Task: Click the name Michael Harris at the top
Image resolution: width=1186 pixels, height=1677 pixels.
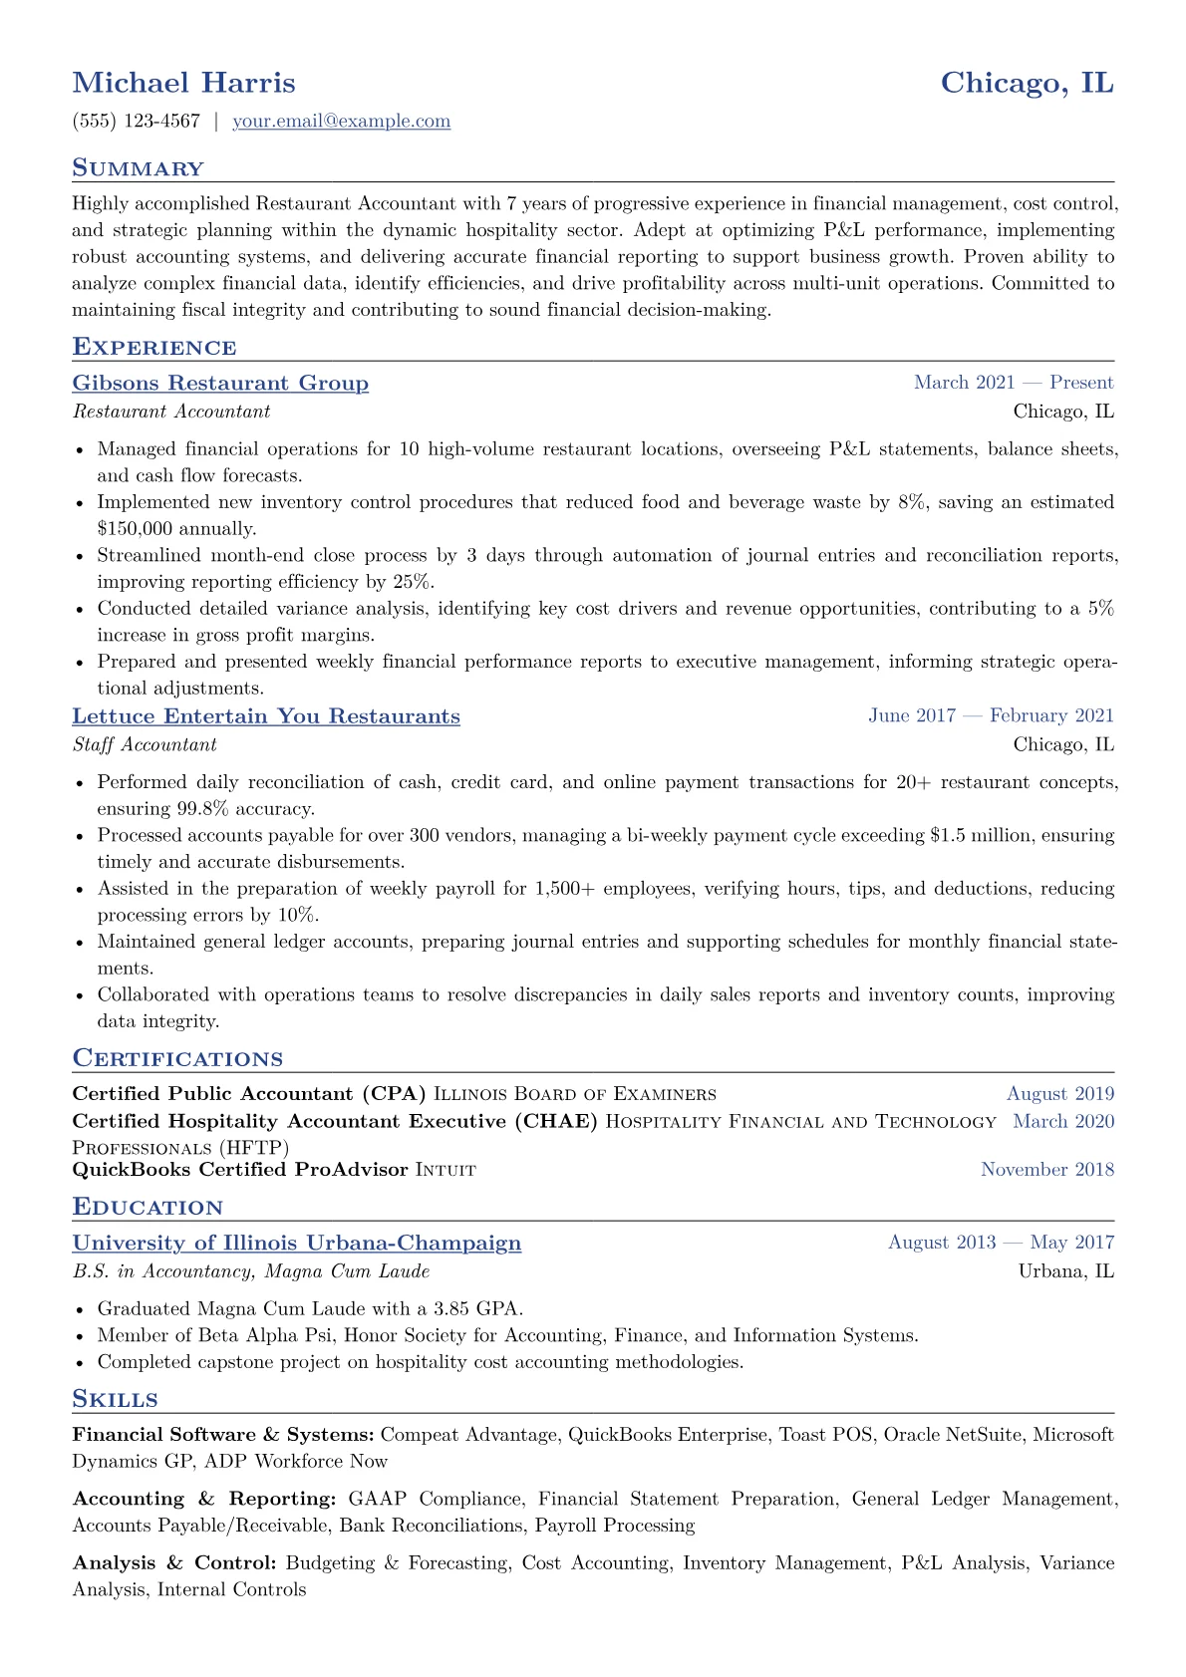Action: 183,83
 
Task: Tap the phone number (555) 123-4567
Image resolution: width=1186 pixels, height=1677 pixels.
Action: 137,122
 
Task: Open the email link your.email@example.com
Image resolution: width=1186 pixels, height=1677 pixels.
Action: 341,122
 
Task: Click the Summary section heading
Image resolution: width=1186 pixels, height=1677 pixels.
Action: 138,168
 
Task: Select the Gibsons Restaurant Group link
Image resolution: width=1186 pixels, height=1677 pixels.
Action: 220,384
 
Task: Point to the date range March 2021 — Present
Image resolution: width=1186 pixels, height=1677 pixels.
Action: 1013,383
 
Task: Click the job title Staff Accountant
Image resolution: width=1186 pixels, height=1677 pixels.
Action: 145,744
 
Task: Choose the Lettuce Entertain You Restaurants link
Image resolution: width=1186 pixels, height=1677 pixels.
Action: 266,716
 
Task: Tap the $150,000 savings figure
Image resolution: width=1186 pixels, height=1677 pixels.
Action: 135,529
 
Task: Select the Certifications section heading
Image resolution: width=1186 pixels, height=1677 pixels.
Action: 177,1059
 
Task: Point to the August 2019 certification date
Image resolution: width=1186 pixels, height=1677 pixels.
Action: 1059,1094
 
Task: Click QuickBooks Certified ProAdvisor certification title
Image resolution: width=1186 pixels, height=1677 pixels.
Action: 240,1170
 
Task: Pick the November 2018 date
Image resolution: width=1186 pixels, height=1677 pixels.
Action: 1046,1170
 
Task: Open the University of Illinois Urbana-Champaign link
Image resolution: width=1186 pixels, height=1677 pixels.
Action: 297,1244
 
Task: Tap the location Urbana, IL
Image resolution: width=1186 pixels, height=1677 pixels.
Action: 1065,1271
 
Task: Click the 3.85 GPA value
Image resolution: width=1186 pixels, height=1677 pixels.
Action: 471,1308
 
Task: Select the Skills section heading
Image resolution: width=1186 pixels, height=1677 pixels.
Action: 115,1399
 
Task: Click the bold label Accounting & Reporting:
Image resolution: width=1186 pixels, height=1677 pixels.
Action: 203,1500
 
